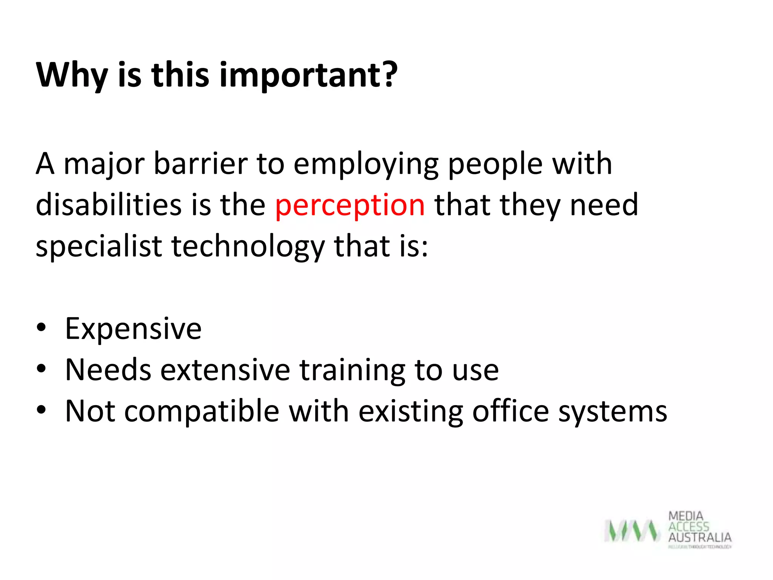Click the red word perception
350,206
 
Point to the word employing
366,165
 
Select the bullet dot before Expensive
41,327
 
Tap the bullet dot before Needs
41,368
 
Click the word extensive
225,370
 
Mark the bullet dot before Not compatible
41,409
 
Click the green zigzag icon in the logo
632,531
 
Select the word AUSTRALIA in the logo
699,537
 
